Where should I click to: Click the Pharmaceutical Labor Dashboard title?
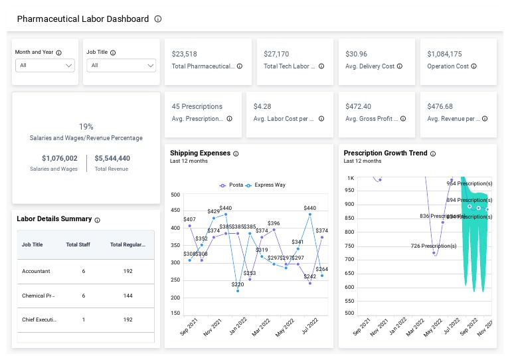[82, 19]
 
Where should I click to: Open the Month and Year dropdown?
[44, 66]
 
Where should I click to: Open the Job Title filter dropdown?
[121, 66]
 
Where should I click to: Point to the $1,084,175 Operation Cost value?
[444, 54]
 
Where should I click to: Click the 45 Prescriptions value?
[197, 106]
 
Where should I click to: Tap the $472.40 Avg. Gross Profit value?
[358, 106]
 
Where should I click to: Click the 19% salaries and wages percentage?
[86, 126]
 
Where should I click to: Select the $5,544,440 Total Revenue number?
[112, 158]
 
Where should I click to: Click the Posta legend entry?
[232, 185]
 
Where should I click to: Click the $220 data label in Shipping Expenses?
[238, 284]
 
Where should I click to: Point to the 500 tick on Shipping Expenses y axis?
[175, 195]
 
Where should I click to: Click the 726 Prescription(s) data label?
[434, 246]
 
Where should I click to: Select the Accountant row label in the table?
[36, 271]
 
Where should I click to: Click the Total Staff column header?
[78, 244]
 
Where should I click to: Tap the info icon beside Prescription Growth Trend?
[433, 153]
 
